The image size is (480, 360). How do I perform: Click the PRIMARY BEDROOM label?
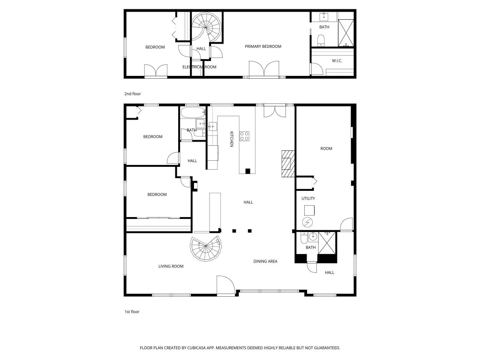pos(263,46)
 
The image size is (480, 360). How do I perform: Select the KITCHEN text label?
pos(231,140)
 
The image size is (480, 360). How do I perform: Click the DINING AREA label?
pos(265,261)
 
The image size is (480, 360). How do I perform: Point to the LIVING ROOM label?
pos(171,266)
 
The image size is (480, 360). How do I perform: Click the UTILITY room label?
pos(308,198)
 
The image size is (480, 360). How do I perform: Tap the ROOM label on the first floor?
pos(326,149)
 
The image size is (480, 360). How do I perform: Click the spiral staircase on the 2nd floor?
pos(207,26)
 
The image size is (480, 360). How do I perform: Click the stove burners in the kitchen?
pos(245,136)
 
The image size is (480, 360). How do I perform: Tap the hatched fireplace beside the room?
pos(286,163)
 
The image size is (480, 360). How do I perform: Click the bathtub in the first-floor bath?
pos(192,113)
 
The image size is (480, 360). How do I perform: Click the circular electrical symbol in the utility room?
pos(308,222)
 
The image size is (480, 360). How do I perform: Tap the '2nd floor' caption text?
pos(132,94)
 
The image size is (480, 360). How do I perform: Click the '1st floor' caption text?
pos(132,311)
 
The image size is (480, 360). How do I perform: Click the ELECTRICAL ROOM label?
pos(199,67)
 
